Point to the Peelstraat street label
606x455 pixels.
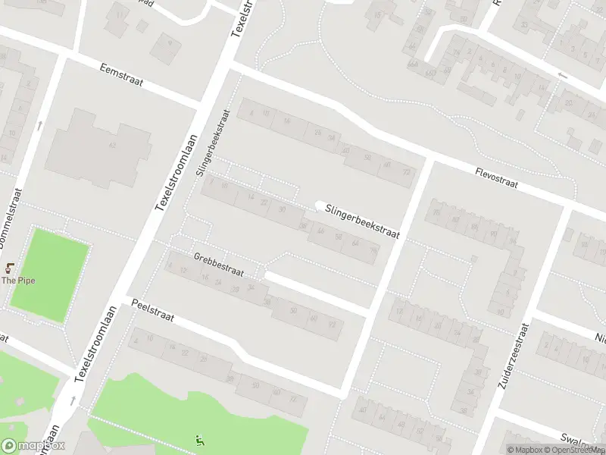[152, 311]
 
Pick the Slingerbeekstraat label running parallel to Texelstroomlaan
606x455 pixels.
[213, 143]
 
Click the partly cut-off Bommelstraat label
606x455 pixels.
[14, 221]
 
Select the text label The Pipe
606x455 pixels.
[18, 281]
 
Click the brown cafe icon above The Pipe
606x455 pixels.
[11, 268]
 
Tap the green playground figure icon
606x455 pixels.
[199, 439]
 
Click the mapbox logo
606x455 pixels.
[33, 446]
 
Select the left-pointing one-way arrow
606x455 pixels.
[561, 75]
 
